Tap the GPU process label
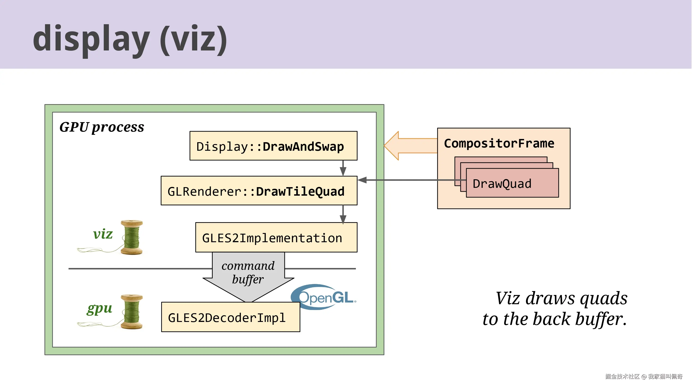[x=101, y=127]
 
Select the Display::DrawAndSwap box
[x=273, y=146]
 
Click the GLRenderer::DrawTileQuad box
[x=259, y=191]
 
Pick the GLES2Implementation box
[x=276, y=237]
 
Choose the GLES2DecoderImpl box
[x=230, y=317]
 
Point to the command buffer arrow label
[x=248, y=272]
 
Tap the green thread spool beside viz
[x=132, y=237]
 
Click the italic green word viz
[x=103, y=234]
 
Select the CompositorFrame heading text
[x=499, y=143]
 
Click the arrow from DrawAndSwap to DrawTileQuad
[x=343, y=168]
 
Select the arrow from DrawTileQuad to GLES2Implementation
[x=343, y=214]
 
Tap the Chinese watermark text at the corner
[x=644, y=376]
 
